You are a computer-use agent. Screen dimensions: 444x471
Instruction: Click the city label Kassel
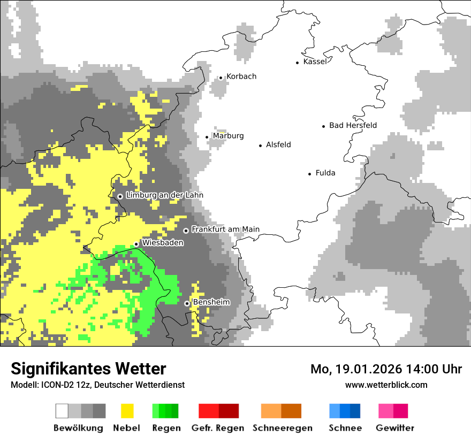point(315,62)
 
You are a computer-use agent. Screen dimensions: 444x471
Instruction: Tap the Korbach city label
point(241,76)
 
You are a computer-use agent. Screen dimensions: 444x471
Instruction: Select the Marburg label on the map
point(228,136)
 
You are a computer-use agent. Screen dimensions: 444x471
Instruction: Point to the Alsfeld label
point(278,144)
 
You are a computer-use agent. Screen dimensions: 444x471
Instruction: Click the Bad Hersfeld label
point(353,125)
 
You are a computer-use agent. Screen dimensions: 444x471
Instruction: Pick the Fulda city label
point(325,173)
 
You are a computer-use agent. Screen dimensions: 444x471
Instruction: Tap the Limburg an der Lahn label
point(164,195)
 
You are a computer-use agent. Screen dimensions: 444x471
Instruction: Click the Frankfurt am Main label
point(225,229)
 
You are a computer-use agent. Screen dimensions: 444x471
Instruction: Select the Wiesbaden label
point(163,243)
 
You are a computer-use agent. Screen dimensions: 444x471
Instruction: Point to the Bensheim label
point(211,302)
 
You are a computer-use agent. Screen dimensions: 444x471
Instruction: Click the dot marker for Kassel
point(298,63)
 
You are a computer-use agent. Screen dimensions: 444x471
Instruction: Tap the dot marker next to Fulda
point(310,174)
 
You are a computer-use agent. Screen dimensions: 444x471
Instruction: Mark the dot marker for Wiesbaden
point(136,244)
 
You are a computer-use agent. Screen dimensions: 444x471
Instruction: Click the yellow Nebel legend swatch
point(127,411)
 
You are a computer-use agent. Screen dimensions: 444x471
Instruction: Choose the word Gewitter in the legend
point(394,428)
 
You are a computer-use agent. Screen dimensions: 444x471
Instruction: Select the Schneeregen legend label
point(283,428)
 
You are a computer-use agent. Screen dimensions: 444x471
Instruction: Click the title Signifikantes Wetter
point(88,369)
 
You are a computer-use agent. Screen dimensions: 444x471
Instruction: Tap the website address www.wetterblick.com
point(386,385)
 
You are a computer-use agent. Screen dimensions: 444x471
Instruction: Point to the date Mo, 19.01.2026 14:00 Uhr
point(386,369)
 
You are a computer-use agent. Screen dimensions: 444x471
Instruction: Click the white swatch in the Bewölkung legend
point(62,411)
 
